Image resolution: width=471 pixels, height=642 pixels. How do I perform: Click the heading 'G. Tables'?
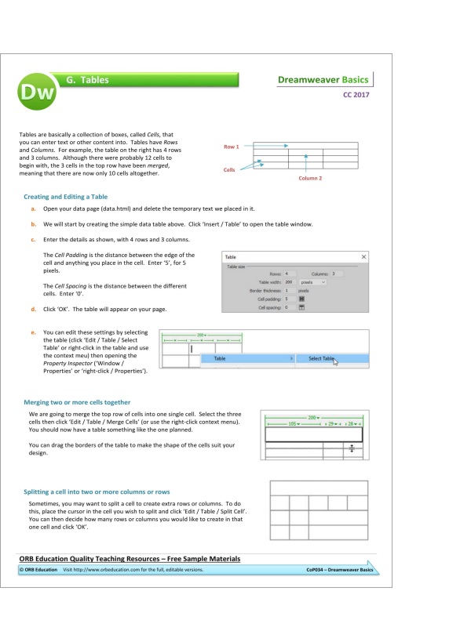[x=88, y=80]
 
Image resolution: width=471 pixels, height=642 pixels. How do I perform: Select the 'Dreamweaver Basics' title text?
[x=323, y=80]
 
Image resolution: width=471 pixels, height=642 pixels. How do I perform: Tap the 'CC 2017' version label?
[x=356, y=96]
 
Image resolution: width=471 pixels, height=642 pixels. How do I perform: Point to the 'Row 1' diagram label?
[x=231, y=146]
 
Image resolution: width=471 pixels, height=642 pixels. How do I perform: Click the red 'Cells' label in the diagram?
[x=229, y=169]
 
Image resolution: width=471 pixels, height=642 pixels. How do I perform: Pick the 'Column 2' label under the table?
[x=310, y=178]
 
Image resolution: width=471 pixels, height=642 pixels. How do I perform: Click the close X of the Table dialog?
[x=363, y=257]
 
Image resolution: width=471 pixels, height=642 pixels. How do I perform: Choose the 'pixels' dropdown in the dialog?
[x=312, y=281]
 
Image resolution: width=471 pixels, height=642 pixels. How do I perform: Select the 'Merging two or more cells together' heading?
[x=77, y=402]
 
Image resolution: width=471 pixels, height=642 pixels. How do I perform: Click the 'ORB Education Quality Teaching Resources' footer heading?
[x=130, y=558]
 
